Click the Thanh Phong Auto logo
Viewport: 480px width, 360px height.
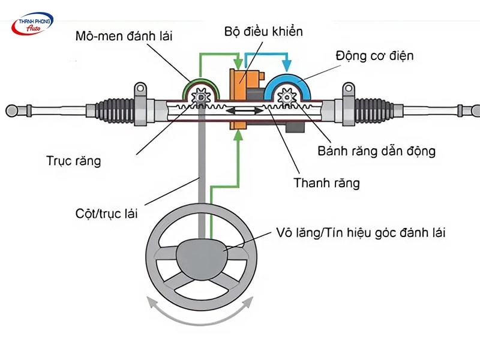click(x=32, y=23)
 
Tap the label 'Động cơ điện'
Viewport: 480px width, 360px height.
click(x=376, y=56)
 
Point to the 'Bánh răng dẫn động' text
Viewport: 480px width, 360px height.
click(x=376, y=151)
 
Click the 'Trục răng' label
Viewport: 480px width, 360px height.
click(x=74, y=160)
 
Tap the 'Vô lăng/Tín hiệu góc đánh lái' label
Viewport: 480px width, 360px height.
click(x=361, y=232)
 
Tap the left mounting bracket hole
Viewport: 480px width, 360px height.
click(x=139, y=89)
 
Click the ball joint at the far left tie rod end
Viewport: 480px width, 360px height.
click(x=11, y=110)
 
